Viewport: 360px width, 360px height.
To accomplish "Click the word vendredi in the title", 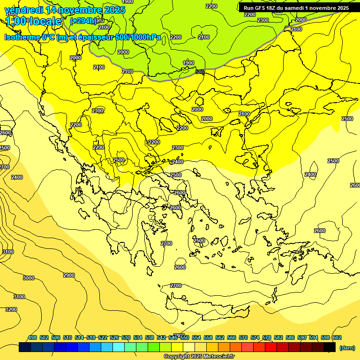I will pos(24,10).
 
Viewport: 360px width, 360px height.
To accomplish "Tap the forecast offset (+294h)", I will pos(83,21).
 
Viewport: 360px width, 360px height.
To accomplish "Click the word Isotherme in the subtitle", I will pos(22,37).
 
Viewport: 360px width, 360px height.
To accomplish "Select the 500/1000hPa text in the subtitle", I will pos(141,37).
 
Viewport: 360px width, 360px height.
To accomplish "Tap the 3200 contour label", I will pos(11,309).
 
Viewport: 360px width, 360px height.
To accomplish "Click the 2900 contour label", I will pos(68,275).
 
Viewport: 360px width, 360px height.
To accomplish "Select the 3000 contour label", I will pos(28,278).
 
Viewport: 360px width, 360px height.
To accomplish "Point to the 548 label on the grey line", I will pos(200,72).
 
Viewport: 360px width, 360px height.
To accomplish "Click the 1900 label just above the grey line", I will pos(188,63).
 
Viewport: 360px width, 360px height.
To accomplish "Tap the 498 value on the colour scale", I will pos(32,337).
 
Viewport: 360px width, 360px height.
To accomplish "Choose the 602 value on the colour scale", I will pos(337,337).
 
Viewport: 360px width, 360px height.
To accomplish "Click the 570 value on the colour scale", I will pos(243,337).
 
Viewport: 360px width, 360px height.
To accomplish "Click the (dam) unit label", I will pos(347,347).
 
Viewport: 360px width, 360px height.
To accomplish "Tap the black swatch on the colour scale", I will pos(330,347).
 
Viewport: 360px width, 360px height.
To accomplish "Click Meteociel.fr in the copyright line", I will pos(217,357).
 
